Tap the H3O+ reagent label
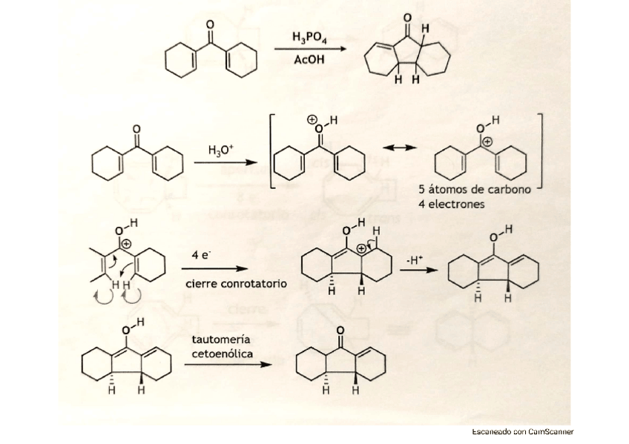point(221,149)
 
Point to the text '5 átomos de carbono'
point(475,190)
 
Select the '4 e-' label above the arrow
point(201,254)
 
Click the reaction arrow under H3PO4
point(309,49)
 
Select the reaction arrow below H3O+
point(222,164)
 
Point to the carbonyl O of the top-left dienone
point(210,25)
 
